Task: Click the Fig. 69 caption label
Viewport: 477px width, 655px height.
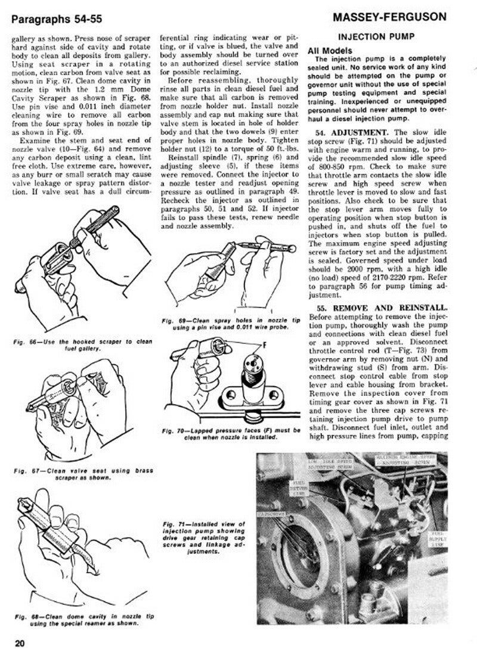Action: [x=173, y=321]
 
